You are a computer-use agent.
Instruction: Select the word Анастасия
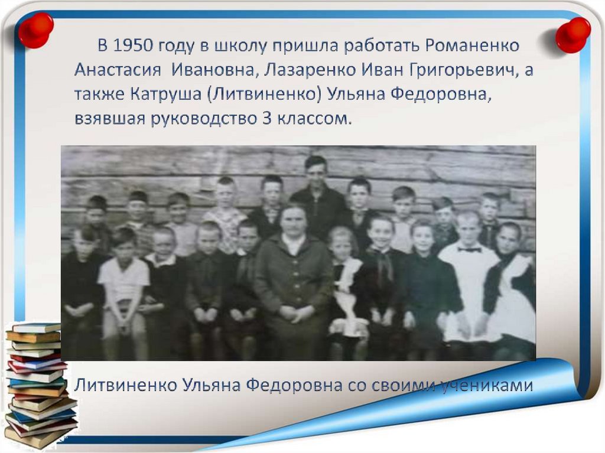118,70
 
